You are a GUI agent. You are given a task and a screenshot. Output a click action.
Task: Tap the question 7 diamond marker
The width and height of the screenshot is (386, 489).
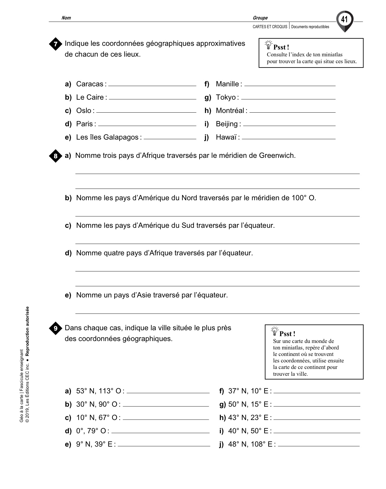click(x=55, y=44)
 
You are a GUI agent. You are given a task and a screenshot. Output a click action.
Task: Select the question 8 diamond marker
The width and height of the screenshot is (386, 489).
click(x=55, y=156)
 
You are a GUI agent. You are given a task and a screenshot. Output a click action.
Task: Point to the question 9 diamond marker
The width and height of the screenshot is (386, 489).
click(x=55, y=328)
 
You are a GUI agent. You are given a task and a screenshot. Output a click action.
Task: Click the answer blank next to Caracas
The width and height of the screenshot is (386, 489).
click(x=152, y=85)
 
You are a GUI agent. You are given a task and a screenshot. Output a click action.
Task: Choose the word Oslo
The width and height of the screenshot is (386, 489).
click(x=84, y=111)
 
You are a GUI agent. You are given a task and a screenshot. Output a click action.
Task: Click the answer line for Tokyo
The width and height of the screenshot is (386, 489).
click(x=288, y=98)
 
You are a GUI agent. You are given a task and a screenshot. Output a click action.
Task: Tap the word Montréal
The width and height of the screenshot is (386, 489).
click(x=230, y=111)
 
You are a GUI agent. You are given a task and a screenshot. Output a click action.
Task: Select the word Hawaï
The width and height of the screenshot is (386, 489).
click(x=226, y=137)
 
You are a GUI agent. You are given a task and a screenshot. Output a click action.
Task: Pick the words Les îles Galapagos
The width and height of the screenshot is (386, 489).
click(x=107, y=137)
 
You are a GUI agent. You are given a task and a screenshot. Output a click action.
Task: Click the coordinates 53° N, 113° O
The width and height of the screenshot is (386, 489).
click(x=99, y=391)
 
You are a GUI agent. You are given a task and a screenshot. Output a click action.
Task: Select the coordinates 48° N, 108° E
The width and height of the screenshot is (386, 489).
click(x=250, y=444)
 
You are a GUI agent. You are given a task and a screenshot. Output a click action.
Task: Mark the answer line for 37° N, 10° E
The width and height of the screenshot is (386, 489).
click(x=317, y=392)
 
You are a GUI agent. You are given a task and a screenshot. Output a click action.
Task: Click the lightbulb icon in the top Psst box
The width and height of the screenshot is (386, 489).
click(x=268, y=45)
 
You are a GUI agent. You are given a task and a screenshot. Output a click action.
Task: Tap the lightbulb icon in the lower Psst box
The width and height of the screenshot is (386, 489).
click(x=274, y=331)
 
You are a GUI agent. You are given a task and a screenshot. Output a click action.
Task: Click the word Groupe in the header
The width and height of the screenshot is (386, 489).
click(x=260, y=18)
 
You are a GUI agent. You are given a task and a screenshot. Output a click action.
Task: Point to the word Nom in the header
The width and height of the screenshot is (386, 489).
click(x=66, y=18)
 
